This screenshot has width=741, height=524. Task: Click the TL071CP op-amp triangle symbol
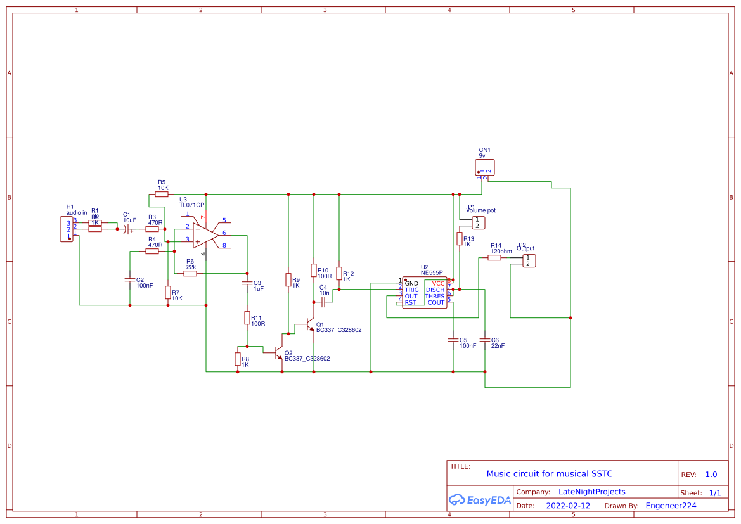pyautogui.click(x=205, y=236)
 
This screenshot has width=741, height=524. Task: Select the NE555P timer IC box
pyautogui.click(x=424, y=293)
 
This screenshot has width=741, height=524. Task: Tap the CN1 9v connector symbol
pyautogui.click(x=484, y=167)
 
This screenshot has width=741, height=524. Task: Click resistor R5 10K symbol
pyautogui.click(x=162, y=195)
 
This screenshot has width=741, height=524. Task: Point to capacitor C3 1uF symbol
pyautogui.click(x=247, y=283)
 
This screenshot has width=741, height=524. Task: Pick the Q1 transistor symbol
pyautogui.click(x=309, y=324)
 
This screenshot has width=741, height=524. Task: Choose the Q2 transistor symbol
pyautogui.click(x=278, y=352)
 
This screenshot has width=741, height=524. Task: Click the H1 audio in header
pyautogui.click(x=68, y=229)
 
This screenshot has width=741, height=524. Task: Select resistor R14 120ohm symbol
pyautogui.click(x=495, y=257)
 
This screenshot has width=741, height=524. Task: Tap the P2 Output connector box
pyautogui.click(x=529, y=260)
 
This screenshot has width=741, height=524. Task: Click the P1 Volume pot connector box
pyautogui.click(x=479, y=222)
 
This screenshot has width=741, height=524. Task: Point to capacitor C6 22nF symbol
pyautogui.click(x=485, y=340)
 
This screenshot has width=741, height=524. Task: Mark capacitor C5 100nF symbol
pyautogui.click(x=453, y=340)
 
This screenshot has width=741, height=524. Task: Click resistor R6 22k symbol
pyautogui.click(x=190, y=273)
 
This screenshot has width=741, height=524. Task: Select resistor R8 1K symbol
pyautogui.click(x=238, y=359)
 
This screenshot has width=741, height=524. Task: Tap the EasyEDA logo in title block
pyautogui.click(x=479, y=499)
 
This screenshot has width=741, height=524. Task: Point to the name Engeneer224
pyautogui.click(x=670, y=506)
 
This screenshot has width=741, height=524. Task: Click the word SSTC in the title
pyautogui.click(x=602, y=474)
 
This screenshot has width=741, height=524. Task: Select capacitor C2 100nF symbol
pyautogui.click(x=130, y=279)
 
